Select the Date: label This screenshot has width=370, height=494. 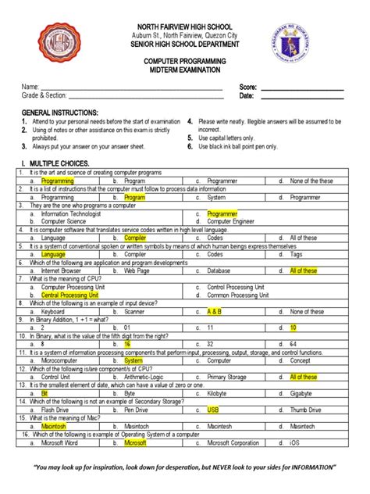(x=247, y=96)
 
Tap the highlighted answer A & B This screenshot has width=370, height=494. (x=215, y=311)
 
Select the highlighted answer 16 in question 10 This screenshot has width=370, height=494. (x=127, y=344)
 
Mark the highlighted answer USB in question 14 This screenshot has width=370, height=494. (x=213, y=410)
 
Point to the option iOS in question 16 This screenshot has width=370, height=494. (x=294, y=442)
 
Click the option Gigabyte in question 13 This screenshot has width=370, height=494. (x=303, y=393)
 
